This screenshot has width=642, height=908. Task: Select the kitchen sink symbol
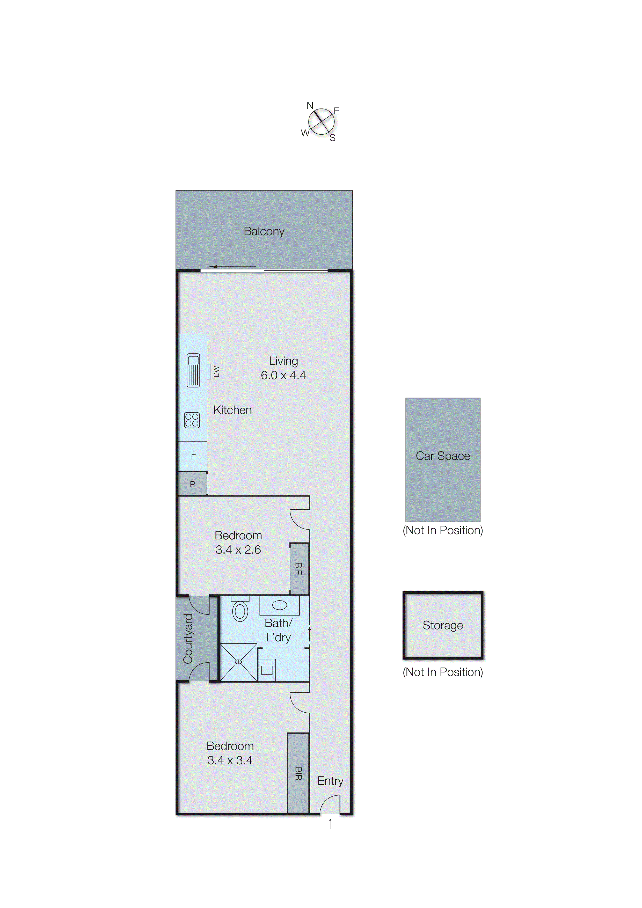click(193, 370)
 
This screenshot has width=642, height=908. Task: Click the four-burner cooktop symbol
click(192, 420)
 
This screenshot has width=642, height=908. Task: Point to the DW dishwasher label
click(216, 371)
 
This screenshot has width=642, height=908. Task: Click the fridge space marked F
click(193, 457)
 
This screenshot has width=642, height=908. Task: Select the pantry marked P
click(192, 484)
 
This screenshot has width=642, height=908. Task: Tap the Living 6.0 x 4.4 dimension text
click(283, 375)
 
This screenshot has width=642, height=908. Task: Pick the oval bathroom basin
click(279, 605)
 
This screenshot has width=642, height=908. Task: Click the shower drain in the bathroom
click(238, 662)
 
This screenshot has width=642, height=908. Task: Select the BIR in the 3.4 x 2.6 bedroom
click(299, 569)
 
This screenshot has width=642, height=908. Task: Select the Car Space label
click(443, 456)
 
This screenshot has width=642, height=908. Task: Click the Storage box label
click(443, 625)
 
